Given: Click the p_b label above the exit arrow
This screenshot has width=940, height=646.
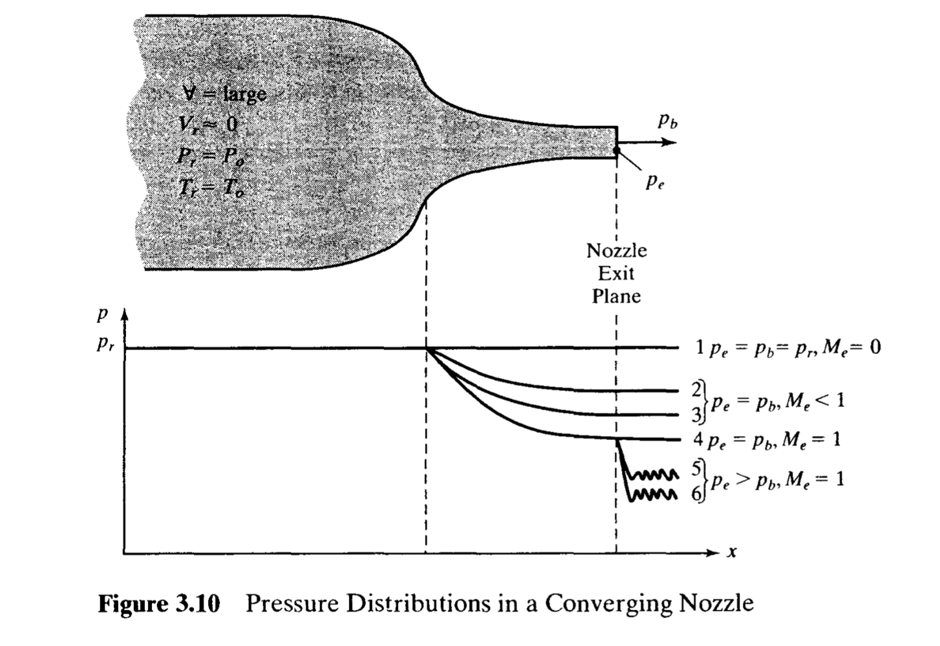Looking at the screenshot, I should tap(668, 121).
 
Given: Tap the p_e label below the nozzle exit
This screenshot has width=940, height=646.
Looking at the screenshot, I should tap(655, 183).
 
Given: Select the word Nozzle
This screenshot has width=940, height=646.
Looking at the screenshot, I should tap(616, 251).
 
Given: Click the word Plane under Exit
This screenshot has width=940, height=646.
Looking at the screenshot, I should tap(616, 297).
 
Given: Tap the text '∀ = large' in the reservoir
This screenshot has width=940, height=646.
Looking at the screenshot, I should tap(224, 94).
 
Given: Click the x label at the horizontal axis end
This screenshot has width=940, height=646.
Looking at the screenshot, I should tap(732, 552).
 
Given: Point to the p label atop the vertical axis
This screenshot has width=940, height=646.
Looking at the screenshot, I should tap(101, 316).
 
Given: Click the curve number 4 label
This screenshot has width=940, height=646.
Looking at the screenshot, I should tap(698, 439).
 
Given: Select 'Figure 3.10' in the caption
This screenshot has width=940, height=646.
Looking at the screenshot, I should tap(159, 603).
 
